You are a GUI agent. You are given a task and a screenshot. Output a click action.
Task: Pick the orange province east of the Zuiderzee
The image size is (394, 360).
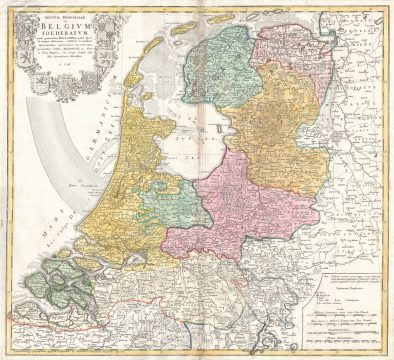tap(280, 125)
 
